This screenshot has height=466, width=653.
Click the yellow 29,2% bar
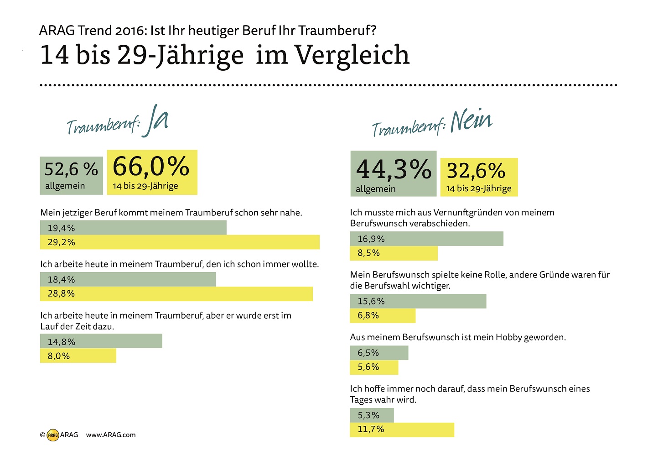point(180,242)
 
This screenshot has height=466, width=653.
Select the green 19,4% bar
point(133,228)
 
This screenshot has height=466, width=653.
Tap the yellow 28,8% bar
point(176,294)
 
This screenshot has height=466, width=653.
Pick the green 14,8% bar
point(101,341)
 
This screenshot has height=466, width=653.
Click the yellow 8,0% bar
point(78,356)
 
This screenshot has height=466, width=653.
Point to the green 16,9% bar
point(426,239)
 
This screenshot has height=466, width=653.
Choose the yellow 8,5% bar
point(394,253)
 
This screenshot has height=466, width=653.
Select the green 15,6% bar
point(418,301)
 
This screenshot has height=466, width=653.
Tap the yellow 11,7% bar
point(402,429)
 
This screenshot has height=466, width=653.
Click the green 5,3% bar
point(372,415)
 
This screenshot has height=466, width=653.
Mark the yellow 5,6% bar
point(374,367)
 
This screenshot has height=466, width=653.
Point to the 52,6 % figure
point(71,169)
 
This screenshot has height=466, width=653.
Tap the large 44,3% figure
point(393,169)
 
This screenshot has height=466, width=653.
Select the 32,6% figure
point(476,171)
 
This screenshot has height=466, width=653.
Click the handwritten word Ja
point(155,121)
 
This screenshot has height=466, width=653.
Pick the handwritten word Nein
point(471,121)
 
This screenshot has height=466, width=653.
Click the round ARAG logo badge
point(53,435)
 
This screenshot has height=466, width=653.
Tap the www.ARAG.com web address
point(111,435)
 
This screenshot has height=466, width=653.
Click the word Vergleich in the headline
point(352,55)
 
